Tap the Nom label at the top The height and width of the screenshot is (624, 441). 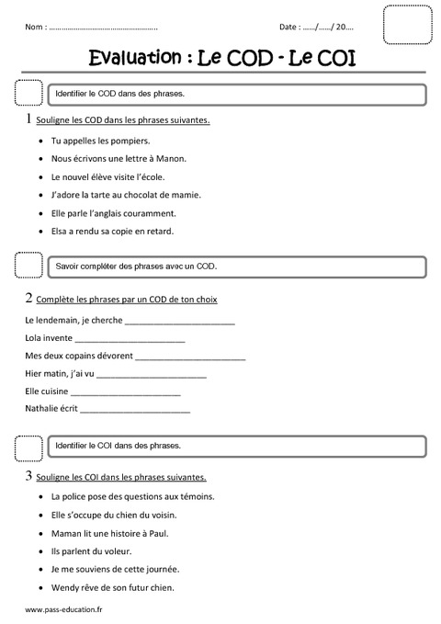point(36,28)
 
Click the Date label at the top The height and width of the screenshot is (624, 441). point(289,28)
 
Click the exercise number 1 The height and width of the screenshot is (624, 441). point(29,119)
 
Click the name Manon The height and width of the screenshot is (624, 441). point(171,158)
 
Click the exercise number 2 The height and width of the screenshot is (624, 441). point(29,298)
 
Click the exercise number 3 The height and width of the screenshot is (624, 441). point(29,476)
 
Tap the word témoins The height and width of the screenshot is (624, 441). point(195,496)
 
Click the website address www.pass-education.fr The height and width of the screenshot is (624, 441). point(63,609)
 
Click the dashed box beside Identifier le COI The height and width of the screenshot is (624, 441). point(28,447)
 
